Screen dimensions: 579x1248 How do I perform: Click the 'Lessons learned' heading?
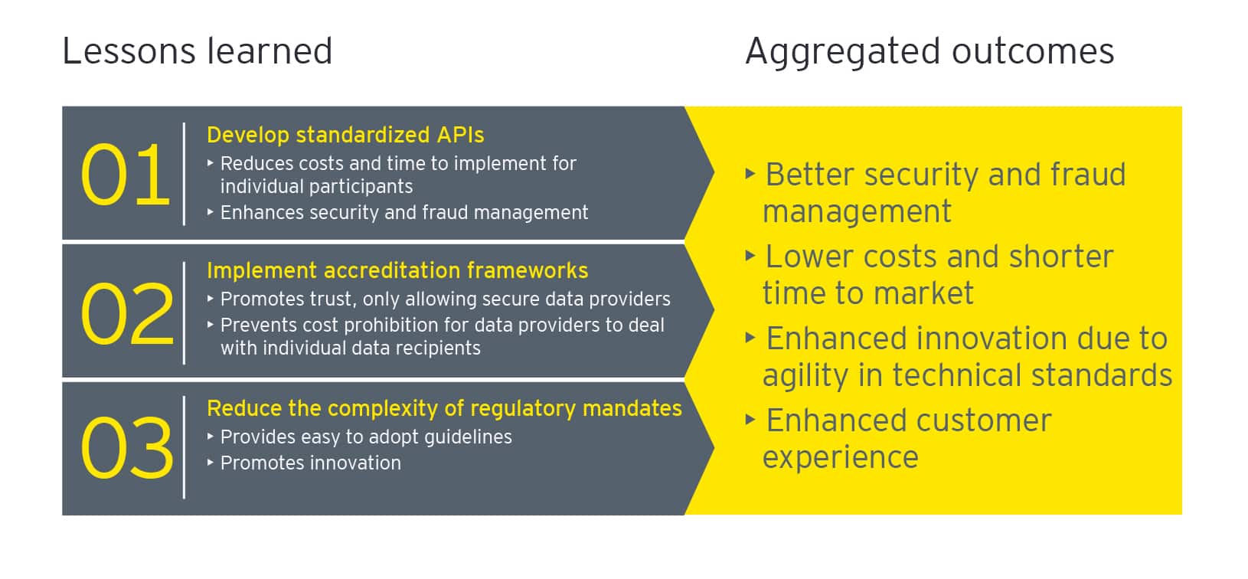[x=197, y=52]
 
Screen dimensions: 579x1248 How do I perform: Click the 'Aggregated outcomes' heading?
[x=929, y=52]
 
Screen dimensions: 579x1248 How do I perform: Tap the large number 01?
[x=125, y=176]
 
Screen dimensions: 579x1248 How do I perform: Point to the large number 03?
[x=127, y=450]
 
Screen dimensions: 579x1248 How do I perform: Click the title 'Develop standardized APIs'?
[x=345, y=135]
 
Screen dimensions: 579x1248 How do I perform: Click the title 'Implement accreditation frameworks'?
[x=397, y=270]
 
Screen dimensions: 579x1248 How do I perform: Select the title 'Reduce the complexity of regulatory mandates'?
[x=444, y=408]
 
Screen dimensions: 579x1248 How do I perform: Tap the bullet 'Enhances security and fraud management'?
[x=404, y=213]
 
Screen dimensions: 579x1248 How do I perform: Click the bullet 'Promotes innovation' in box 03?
[x=310, y=463]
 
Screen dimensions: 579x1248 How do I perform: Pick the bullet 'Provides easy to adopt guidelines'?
[x=366, y=437]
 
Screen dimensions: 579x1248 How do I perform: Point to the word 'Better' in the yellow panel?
[x=809, y=175]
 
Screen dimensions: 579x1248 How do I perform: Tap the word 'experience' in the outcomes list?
[x=840, y=457]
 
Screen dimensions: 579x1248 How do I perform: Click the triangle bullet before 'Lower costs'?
[x=750, y=256]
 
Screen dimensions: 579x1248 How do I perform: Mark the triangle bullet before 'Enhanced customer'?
[x=750, y=420]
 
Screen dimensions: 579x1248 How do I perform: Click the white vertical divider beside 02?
[x=185, y=312]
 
